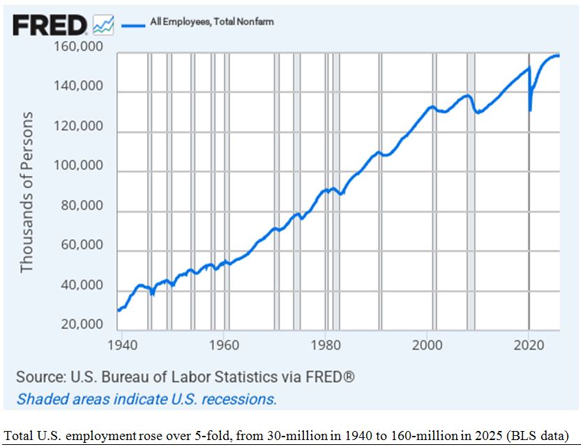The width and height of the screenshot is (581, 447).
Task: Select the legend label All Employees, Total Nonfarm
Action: pos(212,22)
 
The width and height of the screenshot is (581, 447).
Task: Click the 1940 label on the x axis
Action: pos(121,345)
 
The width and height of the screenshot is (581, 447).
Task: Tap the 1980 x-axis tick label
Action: pos(325,345)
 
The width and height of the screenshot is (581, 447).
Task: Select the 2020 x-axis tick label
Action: pos(529,345)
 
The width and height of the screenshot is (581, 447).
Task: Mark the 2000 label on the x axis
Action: pos(427,345)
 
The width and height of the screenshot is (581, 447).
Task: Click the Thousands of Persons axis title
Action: pos(27,192)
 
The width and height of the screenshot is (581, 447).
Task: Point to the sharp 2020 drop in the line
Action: pos(530,109)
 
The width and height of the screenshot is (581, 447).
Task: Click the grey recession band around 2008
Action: pos(471,188)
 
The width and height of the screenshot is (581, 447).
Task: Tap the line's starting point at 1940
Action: pos(119,310)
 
